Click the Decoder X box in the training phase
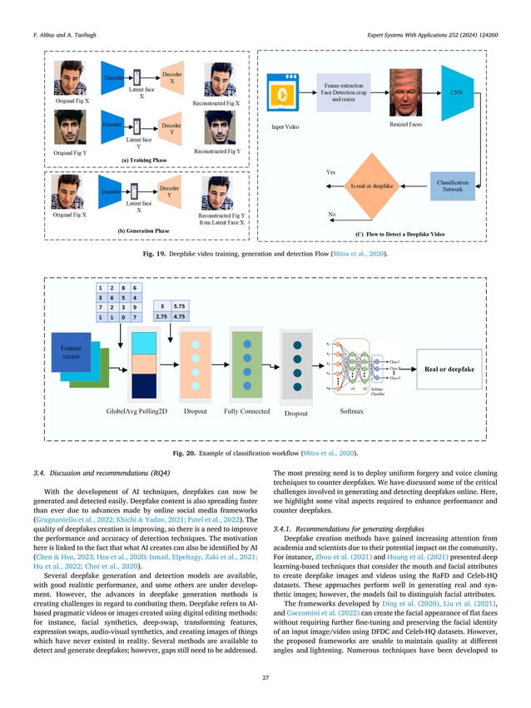click(x=172, y=79)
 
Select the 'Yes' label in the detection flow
click(x=330, y=172)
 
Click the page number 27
click(x=265, y=688)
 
